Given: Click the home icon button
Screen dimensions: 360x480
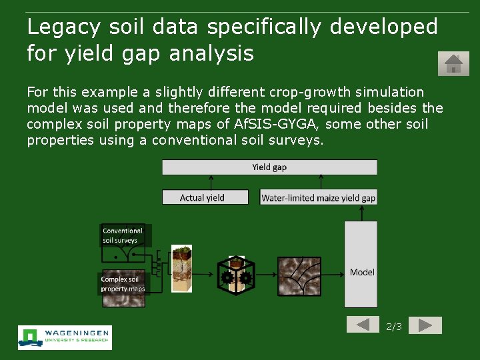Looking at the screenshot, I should (x=453, y=64).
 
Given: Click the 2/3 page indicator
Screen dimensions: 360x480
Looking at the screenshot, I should (x=394, y=327).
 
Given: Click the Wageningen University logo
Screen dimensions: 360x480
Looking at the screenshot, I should (x=65, y=337).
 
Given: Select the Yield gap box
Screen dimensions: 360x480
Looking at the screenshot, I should (x=269, y=167).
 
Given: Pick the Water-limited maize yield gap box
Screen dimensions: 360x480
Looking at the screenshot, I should (x=318, y=197).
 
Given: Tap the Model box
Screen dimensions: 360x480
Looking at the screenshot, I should (x=361, y=264).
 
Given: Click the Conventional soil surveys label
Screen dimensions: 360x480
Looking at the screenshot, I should (x=123, y=235).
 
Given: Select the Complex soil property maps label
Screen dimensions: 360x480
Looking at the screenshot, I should (x=123, y=285).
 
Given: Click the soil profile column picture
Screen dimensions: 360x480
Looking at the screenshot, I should (x=181, y=269).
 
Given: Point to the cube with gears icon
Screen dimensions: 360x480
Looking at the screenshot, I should (x=236, y=275).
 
